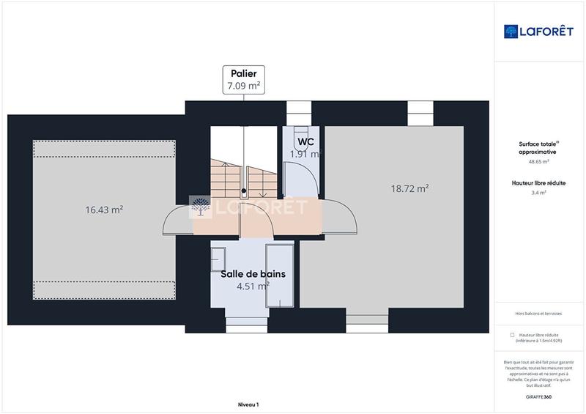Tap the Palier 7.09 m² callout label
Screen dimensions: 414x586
point(245,79)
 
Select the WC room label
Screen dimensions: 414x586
point(306,141)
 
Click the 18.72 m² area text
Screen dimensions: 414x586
point(409,188)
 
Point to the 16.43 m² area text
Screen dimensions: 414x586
point(104,210)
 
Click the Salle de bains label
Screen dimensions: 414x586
point(253,274)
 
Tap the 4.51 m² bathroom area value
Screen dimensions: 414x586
point(252,286)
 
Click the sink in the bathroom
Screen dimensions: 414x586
point(218,256)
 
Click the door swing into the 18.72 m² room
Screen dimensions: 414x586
point(340,217)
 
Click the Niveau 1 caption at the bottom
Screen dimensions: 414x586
point(248,404)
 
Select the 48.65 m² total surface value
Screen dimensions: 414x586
point(538,161)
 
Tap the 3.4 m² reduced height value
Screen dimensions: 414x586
point(538,193)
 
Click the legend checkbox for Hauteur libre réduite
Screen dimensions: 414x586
point(512,334)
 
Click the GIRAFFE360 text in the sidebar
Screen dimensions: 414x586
point(538,396)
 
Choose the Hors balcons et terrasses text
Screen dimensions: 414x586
point(538,313)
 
